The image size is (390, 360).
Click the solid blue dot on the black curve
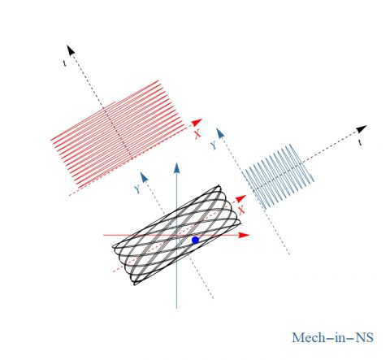pyautogui.click(x=195, y=240)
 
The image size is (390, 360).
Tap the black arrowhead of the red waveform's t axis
pyautogui.click(x=71, y=50)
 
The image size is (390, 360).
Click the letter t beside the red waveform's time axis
pyautogui.click(x=64, y=63)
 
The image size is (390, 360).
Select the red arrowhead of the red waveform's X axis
pyautogui.click(x=197, y=123)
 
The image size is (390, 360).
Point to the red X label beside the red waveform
pyautogui.click(x=197, y=133)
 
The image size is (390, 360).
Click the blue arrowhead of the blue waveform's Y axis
pyautogui.click(x=220, y=133)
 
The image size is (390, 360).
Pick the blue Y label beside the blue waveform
pyautogui.click(x=214, y=145)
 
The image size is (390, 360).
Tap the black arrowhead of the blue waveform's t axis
pyautogui.click(x=362, y=129)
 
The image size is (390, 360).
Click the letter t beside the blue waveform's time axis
pyautogui.click(x=360, y=142)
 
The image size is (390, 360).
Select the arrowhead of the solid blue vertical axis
pyautogui.click(x=176, y=168)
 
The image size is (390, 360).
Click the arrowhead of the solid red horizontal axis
pyautogui.click(x=244, y=235)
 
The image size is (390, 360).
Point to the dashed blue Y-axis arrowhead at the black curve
pyautogui.click(x=143, y=177)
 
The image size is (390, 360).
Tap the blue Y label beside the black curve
pyautogui.click(x=137, y=189)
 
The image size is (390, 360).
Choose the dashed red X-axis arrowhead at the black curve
pyautogui.click(x=240, y=198)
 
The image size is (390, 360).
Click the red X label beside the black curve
pyautogui.click(x=241, y=210)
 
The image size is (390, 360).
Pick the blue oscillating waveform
pyautogui.click(x=278, y=176)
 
